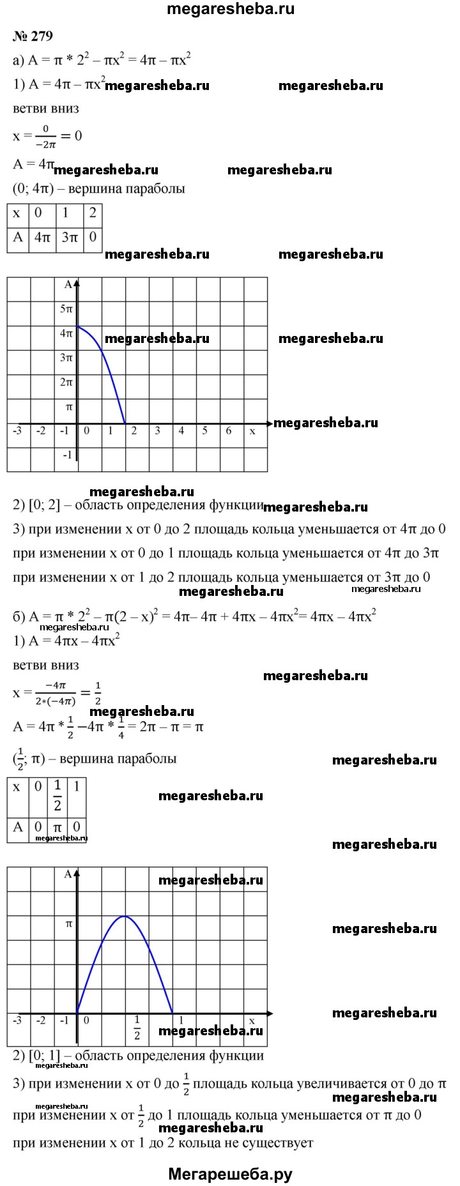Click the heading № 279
point(32,36)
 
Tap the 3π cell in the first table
point(69,238)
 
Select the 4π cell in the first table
point(42,238)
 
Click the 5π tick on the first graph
point(66,308)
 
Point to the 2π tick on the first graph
point(66,383)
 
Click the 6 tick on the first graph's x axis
point(229,431)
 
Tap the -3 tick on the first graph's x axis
point(17,431)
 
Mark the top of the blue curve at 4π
point(77,326)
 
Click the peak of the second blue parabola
point(125,916)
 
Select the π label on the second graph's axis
point(67,924)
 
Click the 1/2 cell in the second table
point(57,794)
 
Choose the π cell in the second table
point(57,827)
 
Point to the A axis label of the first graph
point(68,285)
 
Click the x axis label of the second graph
point(252,1021)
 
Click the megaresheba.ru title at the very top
point(231,10)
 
